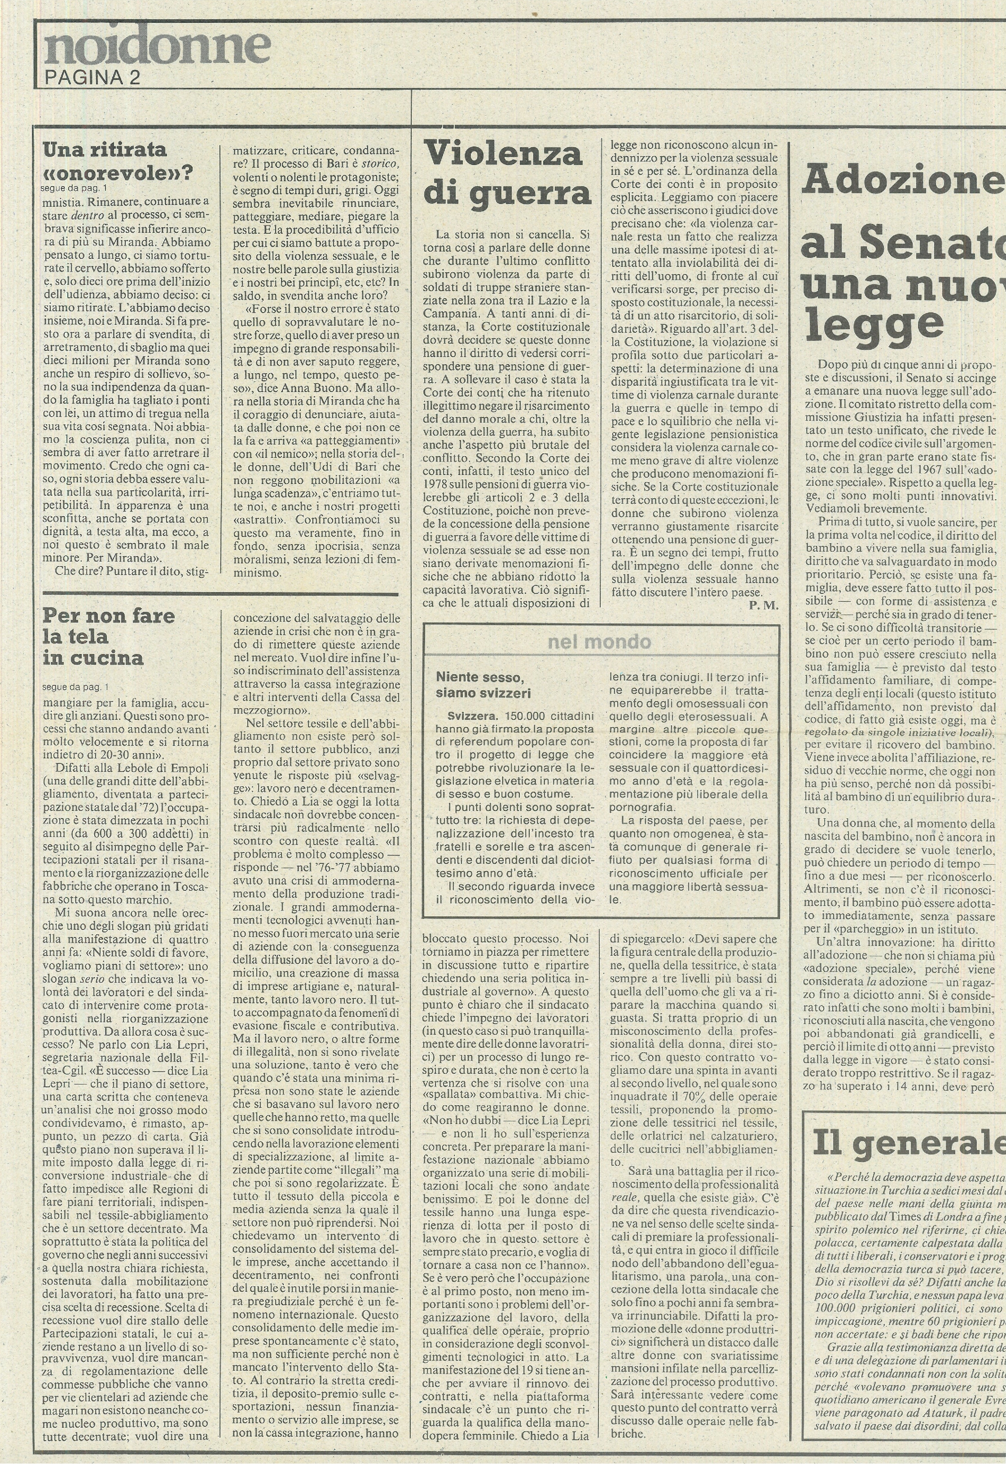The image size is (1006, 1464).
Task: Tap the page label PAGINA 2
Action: (x=92, y=78)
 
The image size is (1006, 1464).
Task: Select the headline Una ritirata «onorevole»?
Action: (x=117, y=161)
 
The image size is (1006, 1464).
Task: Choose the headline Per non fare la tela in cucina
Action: (x=109, y=636)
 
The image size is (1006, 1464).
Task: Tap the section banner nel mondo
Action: (x=599, y=642)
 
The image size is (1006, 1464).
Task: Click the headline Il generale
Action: (x=908, y=1142)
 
